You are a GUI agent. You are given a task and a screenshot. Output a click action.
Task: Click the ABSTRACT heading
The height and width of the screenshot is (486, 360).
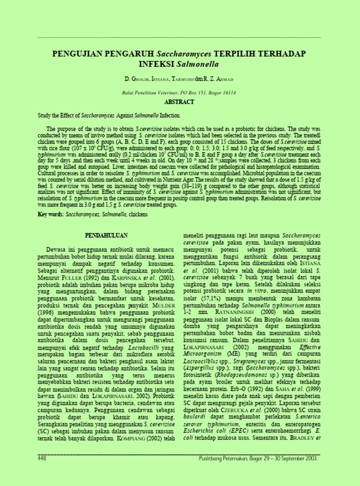tap(180, 102)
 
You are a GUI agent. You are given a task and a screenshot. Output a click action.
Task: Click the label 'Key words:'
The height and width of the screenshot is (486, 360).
tap(48, 214)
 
